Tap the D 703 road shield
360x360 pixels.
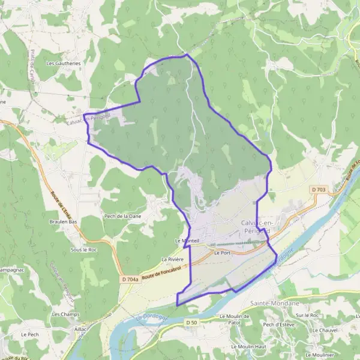pos(319,190)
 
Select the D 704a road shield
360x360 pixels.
pos(130,279)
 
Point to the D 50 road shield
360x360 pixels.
pos(191,323)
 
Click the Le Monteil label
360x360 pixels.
pos(186,241)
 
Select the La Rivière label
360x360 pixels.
pos(172,259)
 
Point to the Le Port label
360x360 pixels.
pos(222,253)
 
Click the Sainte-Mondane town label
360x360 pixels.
pos(272,305)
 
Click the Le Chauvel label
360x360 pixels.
pos(325,331)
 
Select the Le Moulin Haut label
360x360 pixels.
pos(248,347)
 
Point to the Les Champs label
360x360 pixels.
pos(65,314)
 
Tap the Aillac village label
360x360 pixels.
pos(81,329)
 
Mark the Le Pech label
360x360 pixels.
pos(29,334)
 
